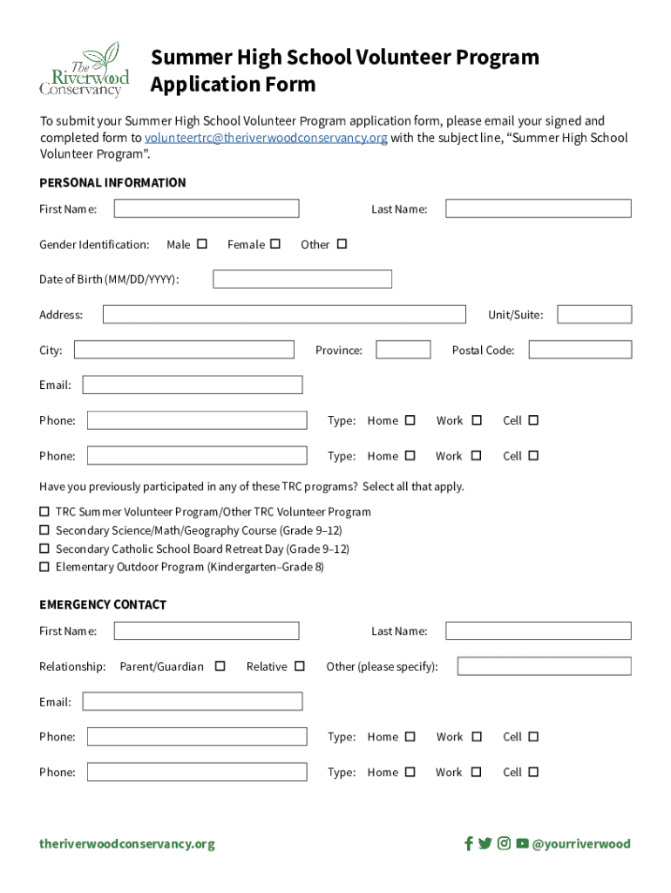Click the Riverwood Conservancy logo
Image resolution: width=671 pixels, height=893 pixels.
[x=84, y=70]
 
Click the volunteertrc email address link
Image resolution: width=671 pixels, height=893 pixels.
[x=266, y=138]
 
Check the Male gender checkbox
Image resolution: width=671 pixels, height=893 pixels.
[x=202, y=244]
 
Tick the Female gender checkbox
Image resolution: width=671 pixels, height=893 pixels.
[x=275, y=244]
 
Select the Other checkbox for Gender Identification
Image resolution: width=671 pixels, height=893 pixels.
[x=342, y=244]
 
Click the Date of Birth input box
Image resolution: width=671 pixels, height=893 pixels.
[x=302, y=279]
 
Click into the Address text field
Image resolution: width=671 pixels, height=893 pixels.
[x=284, y=315]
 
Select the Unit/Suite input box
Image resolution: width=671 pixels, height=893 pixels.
[x=594, y=315]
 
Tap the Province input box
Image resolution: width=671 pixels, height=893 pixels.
[x=403, y=350]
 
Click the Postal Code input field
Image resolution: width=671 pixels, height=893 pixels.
[x=579, y=350]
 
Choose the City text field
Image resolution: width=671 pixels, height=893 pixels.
[x=184, y=350]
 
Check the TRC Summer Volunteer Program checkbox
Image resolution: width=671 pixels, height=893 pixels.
[x=44, y=512]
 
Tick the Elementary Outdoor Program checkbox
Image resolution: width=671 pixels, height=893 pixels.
[x=44, y=567]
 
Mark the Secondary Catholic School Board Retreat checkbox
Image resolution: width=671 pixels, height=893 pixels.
[x=44, y=549]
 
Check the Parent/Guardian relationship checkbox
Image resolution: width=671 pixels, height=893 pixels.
[x=220, y=666]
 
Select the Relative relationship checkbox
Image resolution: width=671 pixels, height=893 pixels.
[x=300, y=666]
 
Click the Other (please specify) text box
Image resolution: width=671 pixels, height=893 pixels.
[x=544, y=666]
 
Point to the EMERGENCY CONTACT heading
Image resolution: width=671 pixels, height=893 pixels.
[x=103, y=604]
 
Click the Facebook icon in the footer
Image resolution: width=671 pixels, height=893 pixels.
[x=469, y=843]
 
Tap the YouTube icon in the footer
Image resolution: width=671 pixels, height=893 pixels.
[x=522, y=843]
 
